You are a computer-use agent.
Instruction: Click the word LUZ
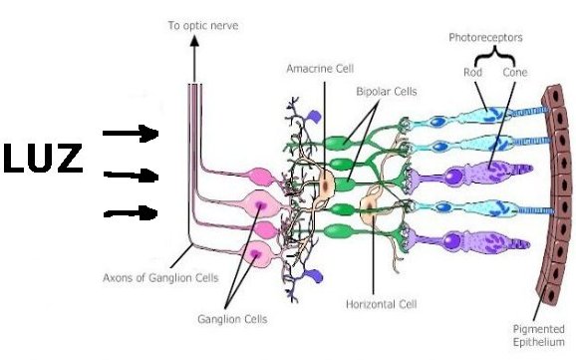pyautogui.click(x=43, y=159)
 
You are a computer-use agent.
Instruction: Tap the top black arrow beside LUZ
pyautogui.click(x=131, y=133)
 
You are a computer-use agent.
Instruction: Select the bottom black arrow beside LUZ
pyautogui.click(x=131, y=213)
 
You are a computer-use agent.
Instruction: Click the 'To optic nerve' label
pyautogui.click(x=203, y=25)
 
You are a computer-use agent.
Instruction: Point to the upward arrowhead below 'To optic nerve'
pyautogui.click(x=194, y=41)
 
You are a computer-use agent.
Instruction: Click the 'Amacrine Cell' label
pyautogui.click(x=320, y=69)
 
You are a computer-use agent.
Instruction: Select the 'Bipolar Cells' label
pyautogui.click(x=387, y=91)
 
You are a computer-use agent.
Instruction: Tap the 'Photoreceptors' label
pyautogui.click(x=485, y=38)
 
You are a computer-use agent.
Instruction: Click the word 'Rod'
pyautogui.click(x=472, y=72)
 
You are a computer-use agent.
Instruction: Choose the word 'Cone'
pyautogui.click(x=515, y=72)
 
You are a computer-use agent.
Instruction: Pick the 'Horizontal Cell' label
pyautogui.click(x=382, y=304)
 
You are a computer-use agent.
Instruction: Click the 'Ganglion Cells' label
pyautogui.click(x=232, y=319)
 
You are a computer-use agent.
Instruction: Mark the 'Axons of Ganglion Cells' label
pyautogui.click(x=160, y=277)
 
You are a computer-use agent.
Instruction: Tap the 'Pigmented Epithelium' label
pyautogui.click(x=538, y=335)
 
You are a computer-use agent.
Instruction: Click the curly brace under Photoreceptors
pyautogui.click(x=494, y=55)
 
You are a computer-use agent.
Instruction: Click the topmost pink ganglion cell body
pyautogui.click(x=260, y=177)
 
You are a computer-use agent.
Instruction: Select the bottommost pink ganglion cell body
pyautogui.click(x=256, y=253)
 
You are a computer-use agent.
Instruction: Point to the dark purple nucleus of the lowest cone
pyautogui.click(x=451, y=241)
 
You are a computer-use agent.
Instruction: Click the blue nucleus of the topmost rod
pyautogui.click(x=437, y=122)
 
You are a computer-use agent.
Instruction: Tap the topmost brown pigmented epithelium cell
pyautogui.click(x=553, y=96)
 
